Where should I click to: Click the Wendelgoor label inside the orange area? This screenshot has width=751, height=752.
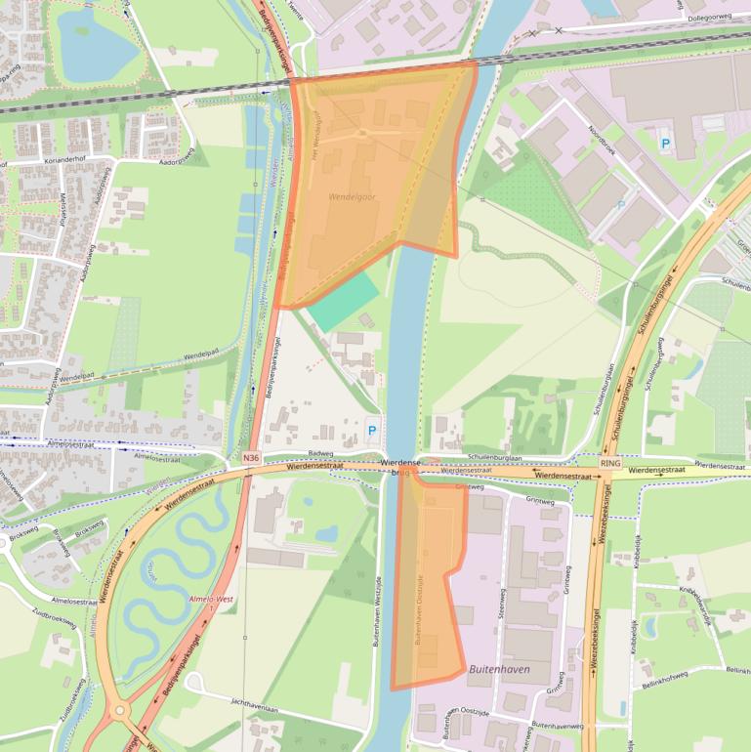[353, 196]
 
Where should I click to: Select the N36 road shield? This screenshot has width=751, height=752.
[252, 457]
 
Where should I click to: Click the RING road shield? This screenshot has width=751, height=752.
[611, 462]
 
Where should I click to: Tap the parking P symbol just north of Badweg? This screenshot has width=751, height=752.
[372, 430]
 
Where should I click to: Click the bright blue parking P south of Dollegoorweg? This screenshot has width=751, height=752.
[666, 144]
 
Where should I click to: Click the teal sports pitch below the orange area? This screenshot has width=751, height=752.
[344, 300]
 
